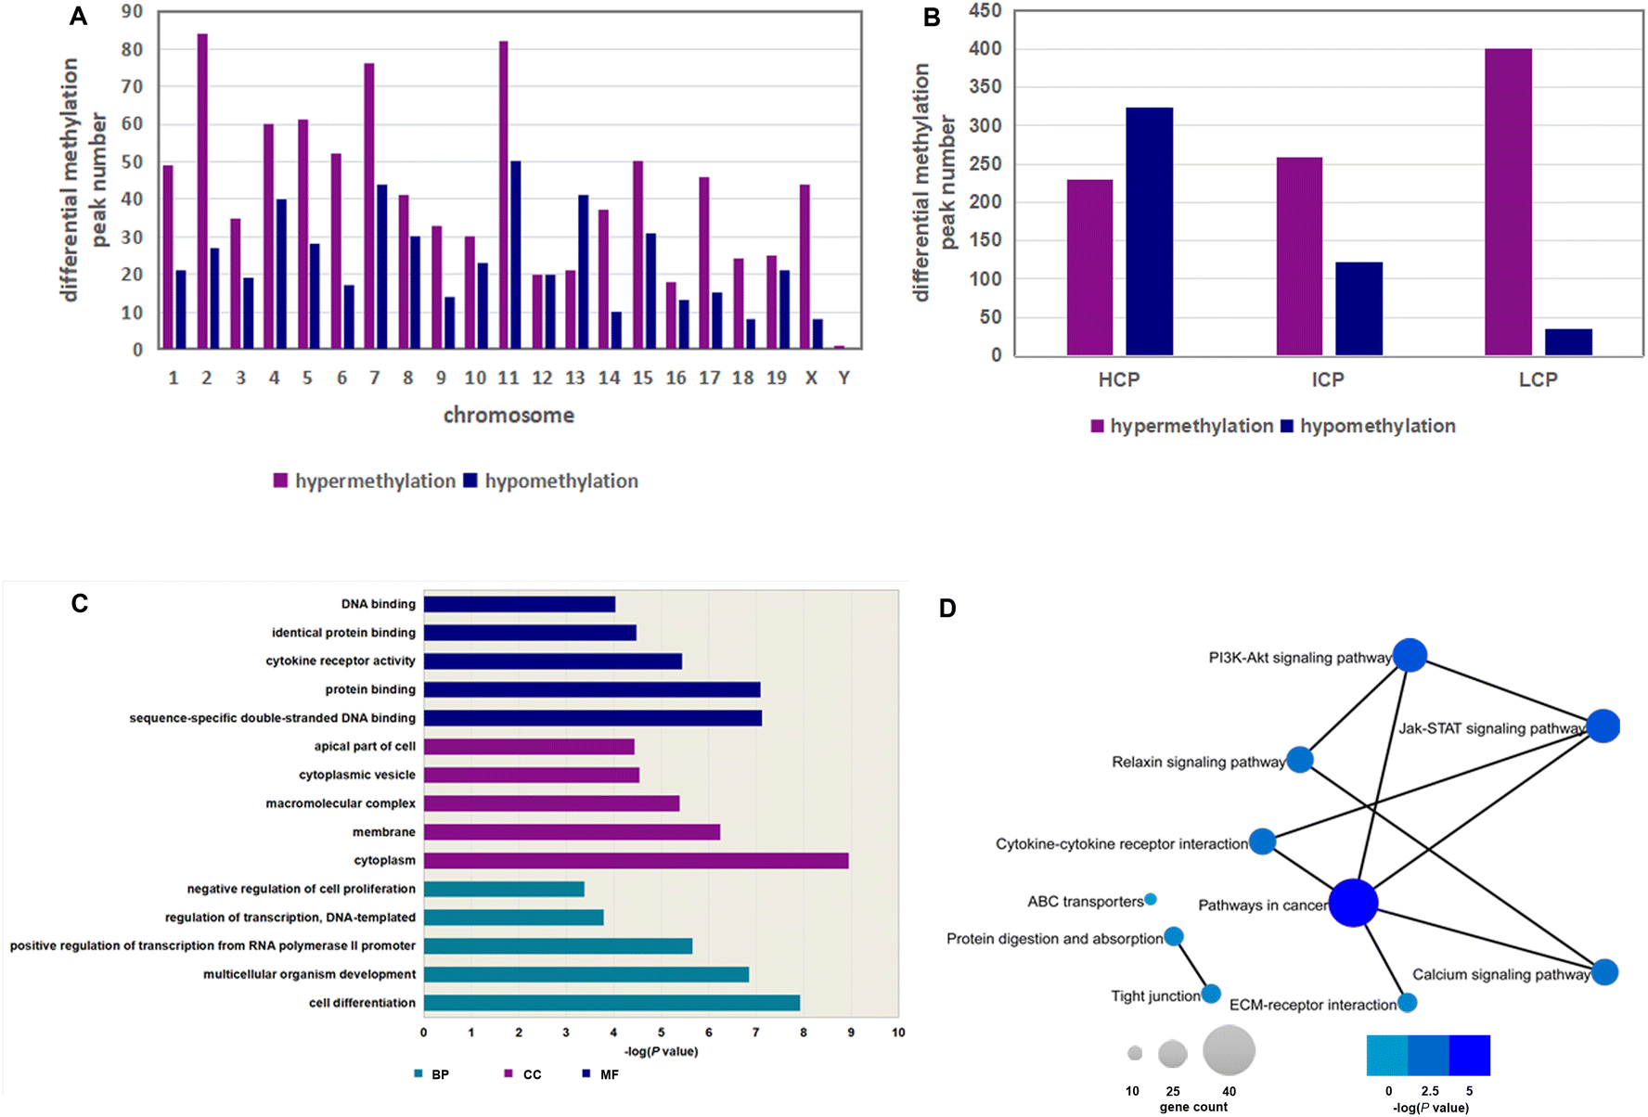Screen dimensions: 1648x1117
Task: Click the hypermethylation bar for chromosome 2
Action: point(202,191)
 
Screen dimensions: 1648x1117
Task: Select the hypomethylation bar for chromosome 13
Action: point(584,272)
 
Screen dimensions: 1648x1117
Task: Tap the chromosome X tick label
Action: point(811,378)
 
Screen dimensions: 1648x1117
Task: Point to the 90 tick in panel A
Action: point(132,11)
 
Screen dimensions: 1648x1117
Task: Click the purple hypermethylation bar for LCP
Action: point(1508,202)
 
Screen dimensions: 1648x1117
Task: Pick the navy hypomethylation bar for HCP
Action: point(1150,231)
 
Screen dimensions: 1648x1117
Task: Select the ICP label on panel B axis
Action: point(1328,379)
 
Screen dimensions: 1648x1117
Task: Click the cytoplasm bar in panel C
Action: point(637,860)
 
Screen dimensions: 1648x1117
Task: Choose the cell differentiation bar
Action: point(612,1003)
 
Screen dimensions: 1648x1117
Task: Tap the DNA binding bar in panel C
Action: point(520,604)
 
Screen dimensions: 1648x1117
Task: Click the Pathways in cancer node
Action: point(1353,903)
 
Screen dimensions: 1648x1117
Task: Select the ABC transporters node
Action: point(1151,899)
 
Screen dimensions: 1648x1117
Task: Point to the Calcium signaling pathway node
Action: point(1604,972)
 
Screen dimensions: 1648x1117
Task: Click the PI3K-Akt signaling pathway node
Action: point(1410,655)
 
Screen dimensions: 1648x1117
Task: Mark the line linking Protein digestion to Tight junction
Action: point(1192,966)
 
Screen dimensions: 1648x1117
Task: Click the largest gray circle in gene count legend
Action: point(1229,1050)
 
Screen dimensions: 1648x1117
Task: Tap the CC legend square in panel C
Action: point(509,1073)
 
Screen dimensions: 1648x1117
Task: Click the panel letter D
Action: point(947,609)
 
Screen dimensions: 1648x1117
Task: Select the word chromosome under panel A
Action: point(509,415)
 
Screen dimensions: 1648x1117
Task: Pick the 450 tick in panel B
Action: point(985,10)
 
